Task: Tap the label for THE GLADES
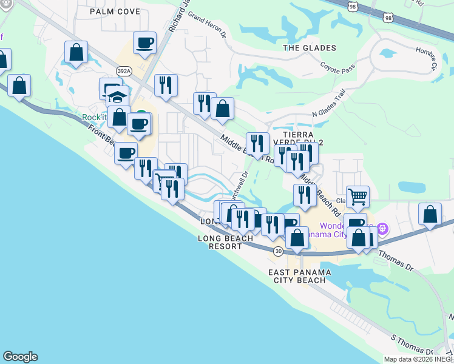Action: (x=310, y=48)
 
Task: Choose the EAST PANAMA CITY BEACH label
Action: (x=300, y=277)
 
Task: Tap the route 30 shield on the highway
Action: (x=277, y=251)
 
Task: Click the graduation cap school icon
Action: (x=117, y=97)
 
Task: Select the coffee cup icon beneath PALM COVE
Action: (x=144, y=43)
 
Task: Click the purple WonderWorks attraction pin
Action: (x=382, y=229)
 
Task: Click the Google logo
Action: (x=20, y=357)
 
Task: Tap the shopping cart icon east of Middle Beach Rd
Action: (x=358, y=196)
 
